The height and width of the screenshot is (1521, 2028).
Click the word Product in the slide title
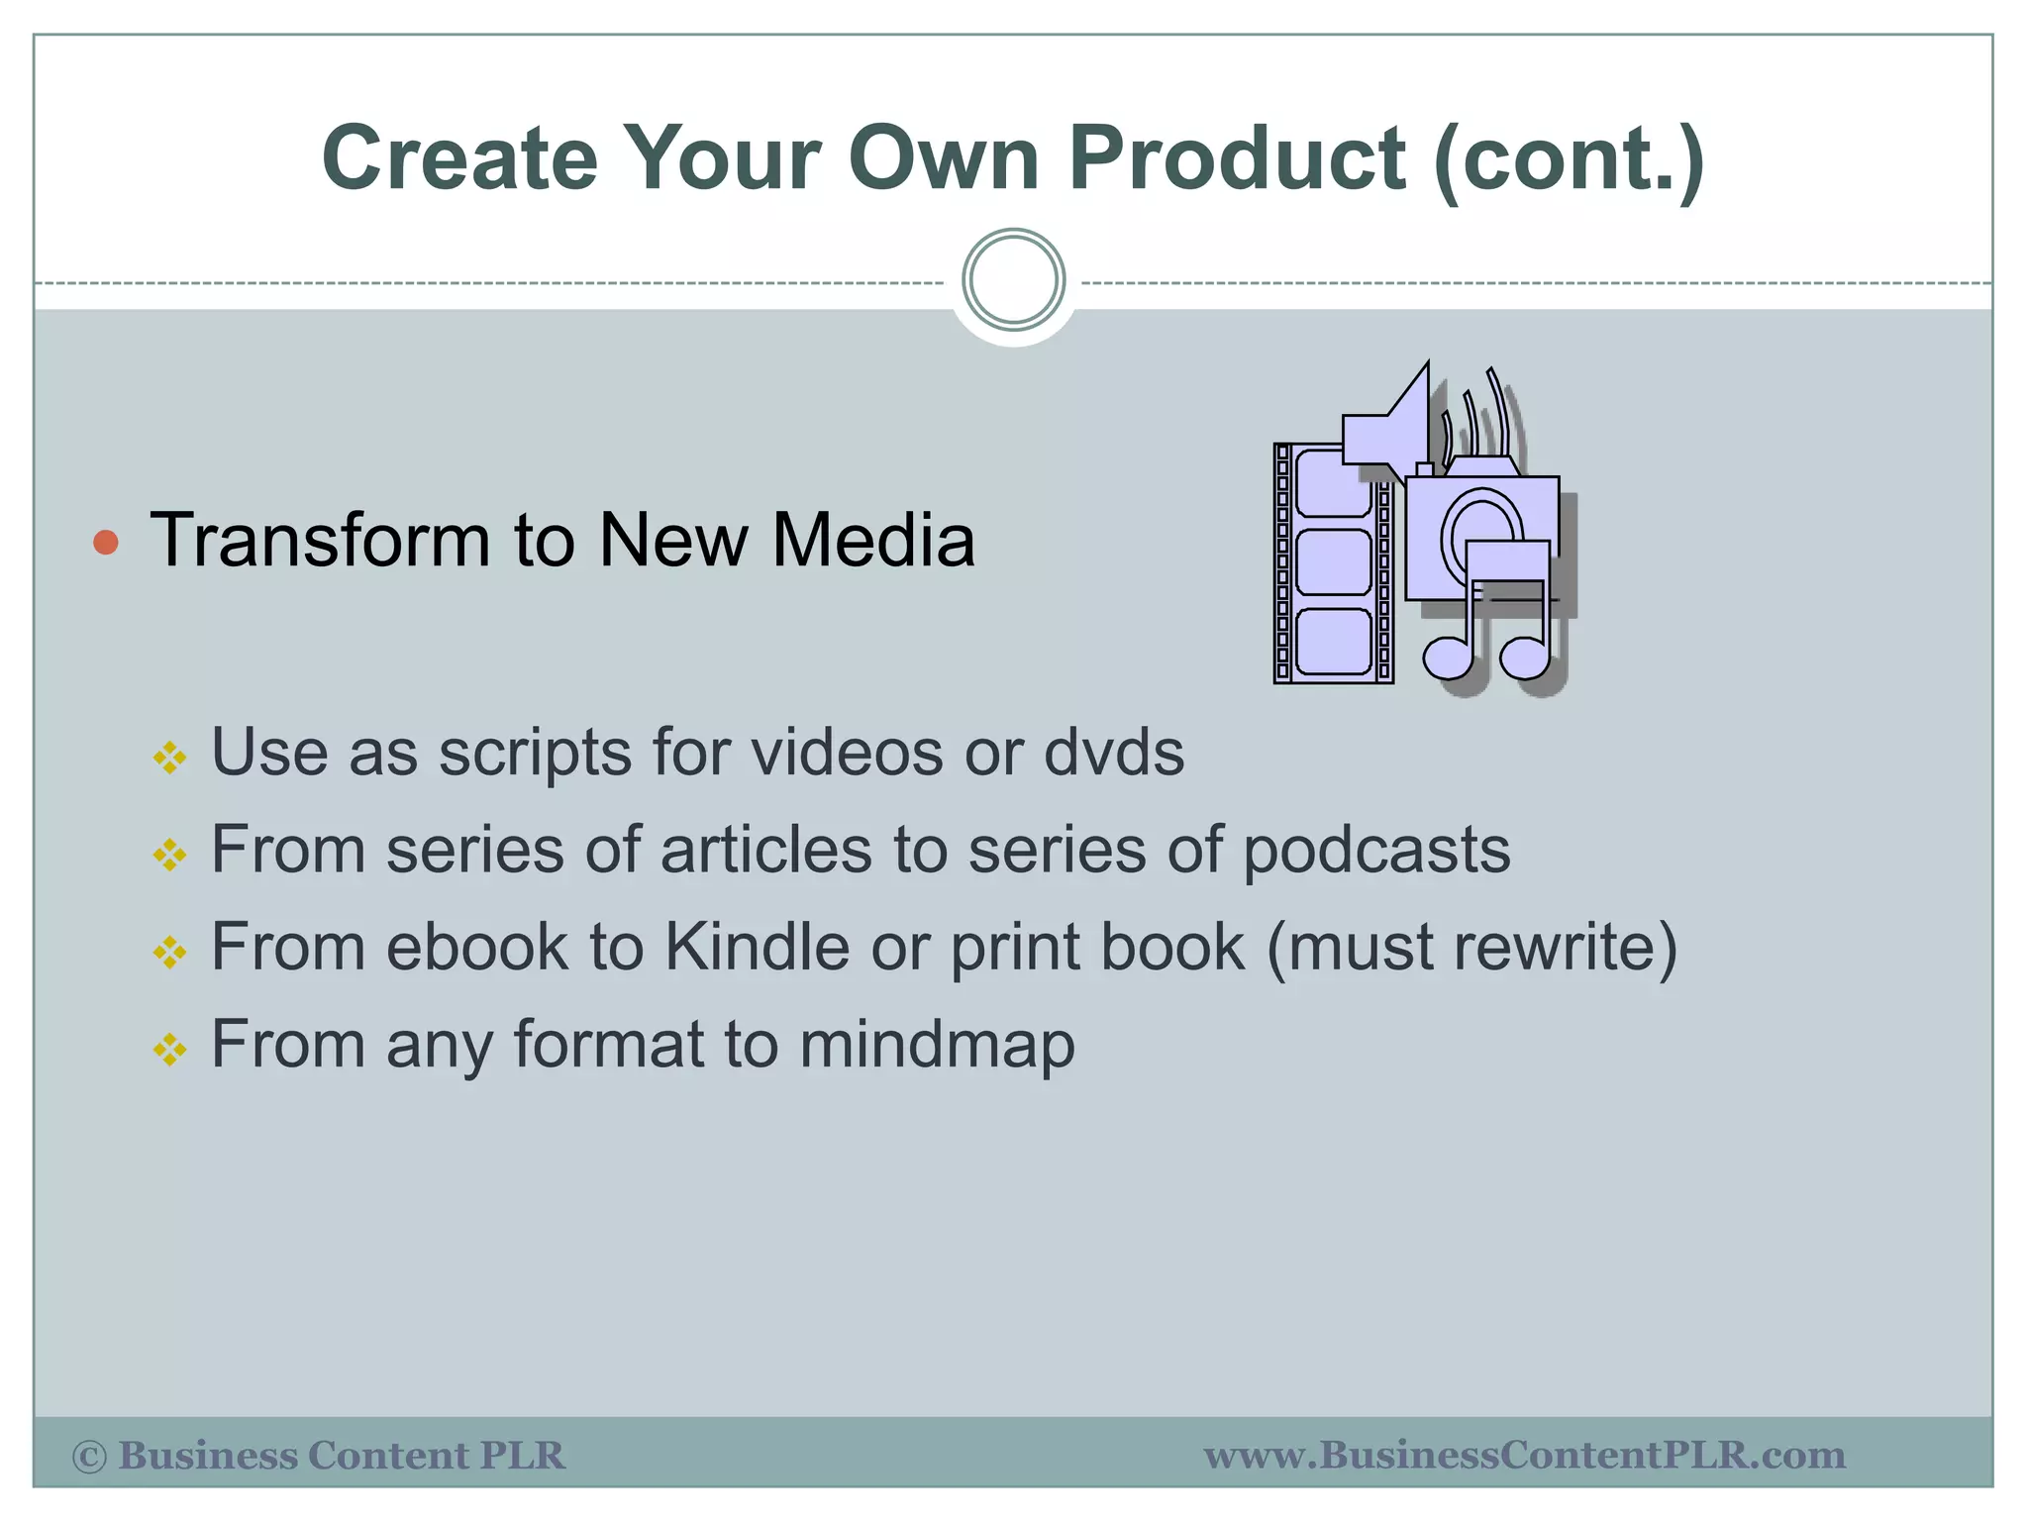[1238, 158]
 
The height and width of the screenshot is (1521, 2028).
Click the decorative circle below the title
[1013, 280]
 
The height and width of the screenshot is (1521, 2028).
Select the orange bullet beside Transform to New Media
[106, 542]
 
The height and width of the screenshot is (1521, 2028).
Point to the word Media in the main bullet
[873, 541]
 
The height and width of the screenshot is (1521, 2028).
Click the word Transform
[319, 541]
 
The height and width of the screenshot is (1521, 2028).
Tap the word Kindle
[757, 947]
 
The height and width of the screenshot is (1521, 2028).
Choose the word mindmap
[937, 1046]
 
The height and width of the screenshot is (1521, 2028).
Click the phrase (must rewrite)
[1471, 948]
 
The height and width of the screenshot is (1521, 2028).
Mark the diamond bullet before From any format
[169, 1050]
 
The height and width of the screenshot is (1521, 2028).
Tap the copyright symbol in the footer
[89, 1457]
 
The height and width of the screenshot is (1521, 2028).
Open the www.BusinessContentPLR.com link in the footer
[1524, 1456]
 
